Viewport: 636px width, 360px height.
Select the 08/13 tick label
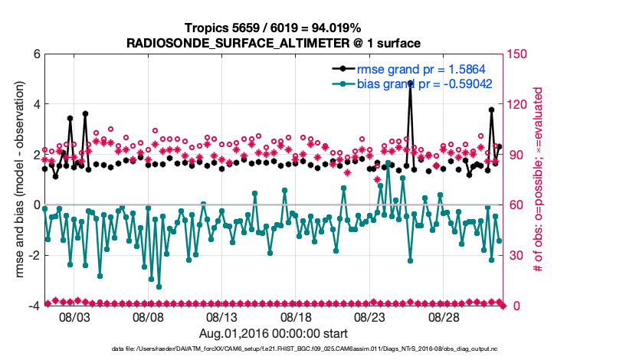coord(222,316)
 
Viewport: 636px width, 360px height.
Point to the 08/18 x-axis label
coord(297,316)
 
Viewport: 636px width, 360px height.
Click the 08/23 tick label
coord(370,316)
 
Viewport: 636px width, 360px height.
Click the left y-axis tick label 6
coord(35,54)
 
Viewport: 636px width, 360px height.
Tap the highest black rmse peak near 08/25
coord(411,82)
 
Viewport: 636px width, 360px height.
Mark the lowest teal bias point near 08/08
coord(159,286)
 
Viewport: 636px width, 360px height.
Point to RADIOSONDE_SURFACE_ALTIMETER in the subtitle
coord(231,43)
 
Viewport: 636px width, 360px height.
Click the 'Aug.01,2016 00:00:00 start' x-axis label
coord(274,333)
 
